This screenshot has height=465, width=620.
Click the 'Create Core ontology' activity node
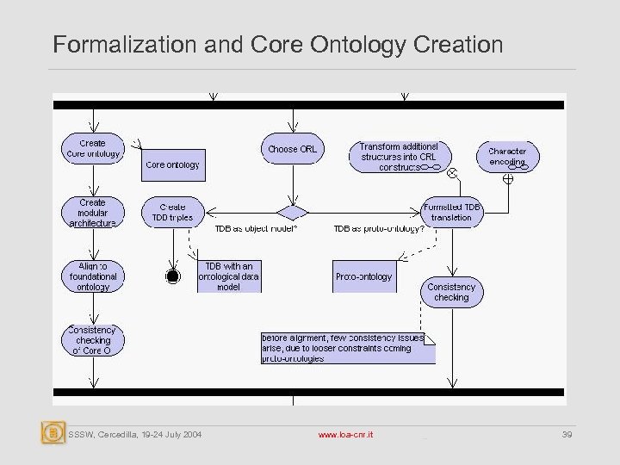click(x=93, y=148)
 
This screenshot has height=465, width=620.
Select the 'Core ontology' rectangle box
click(x=173, y=164)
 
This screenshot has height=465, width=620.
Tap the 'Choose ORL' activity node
click(x=292, y=149)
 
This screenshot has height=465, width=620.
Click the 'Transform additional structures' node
click(x=399, y=156)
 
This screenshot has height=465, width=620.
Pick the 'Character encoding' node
click(x=507, y=156)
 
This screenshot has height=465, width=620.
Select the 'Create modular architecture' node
click(x=93, y=213)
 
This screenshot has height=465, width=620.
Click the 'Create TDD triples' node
click(x=172, y=213)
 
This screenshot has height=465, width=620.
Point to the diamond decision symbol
click(x=292, y=212)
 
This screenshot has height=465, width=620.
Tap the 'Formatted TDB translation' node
click(x=451, y=212)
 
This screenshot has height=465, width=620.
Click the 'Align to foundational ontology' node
click(x=93, y=276)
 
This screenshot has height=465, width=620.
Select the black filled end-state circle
click(x=172, y=276)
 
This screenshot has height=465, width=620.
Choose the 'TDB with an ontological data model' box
click(x=230, y=276)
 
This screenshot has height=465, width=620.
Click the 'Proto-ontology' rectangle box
click(x=363, y=276)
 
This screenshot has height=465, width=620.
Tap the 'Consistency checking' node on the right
click(x=451, y=292)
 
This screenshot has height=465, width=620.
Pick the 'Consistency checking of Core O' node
click(x=93, y=340)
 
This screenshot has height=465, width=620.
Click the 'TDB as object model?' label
click(x=256, y=229)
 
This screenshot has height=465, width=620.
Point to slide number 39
click(x=566, y=436)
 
